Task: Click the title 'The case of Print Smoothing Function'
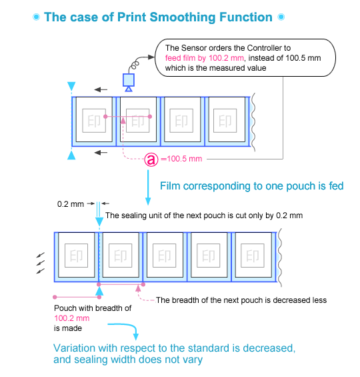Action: click(157, 17)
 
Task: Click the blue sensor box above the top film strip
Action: click(129, 80)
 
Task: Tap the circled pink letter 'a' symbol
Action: click(151, 159)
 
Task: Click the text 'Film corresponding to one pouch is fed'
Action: click(251, 186)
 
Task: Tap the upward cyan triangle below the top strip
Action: click(71, 155)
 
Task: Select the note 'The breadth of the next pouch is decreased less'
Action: click(241, 300)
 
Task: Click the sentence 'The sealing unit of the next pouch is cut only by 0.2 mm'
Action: click(204, 216)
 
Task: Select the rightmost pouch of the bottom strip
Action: click(254, 256)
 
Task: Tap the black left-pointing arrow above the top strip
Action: click(100, 88)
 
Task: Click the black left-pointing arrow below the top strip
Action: click(100, 153)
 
